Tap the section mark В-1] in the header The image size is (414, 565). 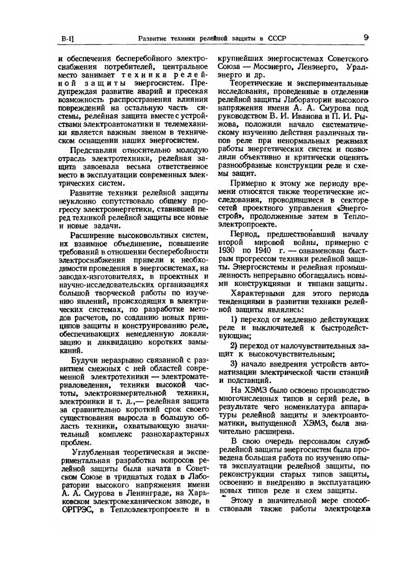tap(67, 39)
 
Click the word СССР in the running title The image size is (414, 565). tap(277, 38)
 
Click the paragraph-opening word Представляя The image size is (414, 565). tap(94, 150)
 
